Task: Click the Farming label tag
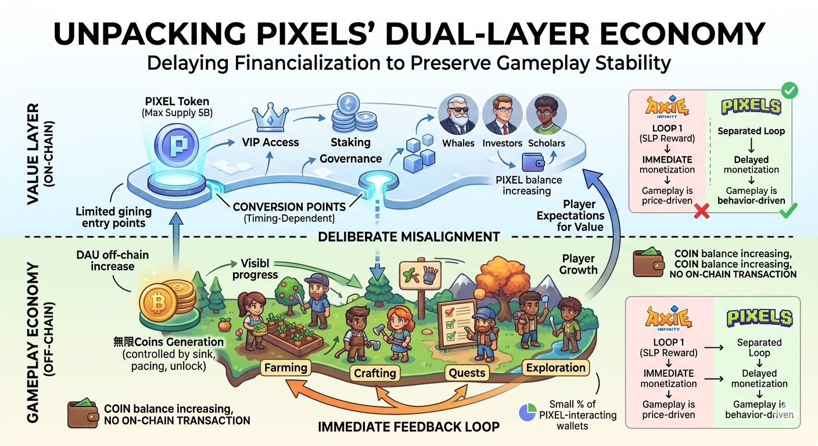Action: pyautogui.click(x=285, y=368)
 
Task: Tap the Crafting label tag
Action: pyautogui.click(x=375, y=373)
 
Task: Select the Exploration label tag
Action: pyautogui.click(x=555, y=368)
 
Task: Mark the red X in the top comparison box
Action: pyautogui.click(x=701, y=212)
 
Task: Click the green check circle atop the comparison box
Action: pyautogui.click(x=790, y=91)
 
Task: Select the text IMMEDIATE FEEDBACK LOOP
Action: pyautogui.click(x=408, y=427)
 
